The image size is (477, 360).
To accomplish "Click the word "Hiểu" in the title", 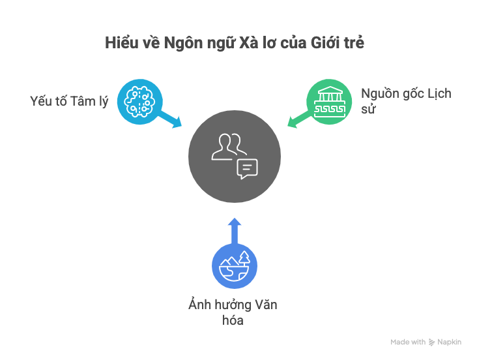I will (119, 44).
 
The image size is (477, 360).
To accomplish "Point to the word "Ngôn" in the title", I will (184, 44).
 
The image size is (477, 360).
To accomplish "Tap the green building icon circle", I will (329, 100).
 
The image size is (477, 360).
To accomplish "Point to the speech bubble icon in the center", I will (248, 168).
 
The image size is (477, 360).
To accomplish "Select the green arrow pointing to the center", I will (298, 119).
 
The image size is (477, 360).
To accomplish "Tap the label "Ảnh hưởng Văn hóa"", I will (228, 312).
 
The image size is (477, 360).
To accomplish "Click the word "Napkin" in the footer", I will (450, 342).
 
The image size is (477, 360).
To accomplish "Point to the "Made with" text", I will (408, 342).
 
